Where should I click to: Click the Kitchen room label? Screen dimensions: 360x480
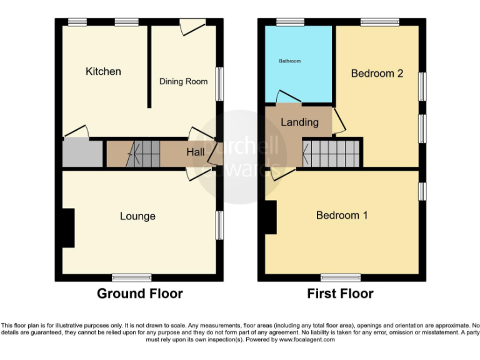point(103,71)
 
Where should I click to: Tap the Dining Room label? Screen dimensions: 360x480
point(183,82)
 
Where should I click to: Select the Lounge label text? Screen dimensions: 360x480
point(137,216)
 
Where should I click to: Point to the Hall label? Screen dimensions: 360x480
point(195,152)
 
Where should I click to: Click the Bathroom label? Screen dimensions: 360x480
point(289,61)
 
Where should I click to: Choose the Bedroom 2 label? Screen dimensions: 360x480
point(377,74)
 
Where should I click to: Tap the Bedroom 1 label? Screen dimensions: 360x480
point(342,216)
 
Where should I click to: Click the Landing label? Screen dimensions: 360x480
point(299,122)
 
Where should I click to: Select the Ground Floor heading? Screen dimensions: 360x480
point(139,293)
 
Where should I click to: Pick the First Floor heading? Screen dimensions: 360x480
point(340,293)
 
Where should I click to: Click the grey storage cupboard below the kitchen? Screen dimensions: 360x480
point(82,153)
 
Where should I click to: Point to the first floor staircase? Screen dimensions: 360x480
point(331,153)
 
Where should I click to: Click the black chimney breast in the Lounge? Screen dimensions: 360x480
point(67,227)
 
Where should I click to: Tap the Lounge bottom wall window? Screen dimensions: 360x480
point(131,277)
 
